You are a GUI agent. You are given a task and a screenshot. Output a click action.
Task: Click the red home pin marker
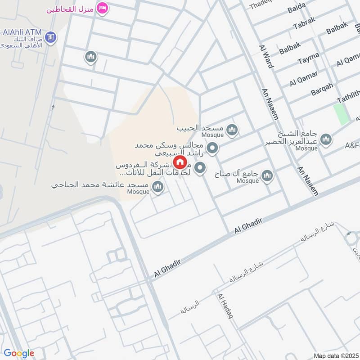coord(180,162)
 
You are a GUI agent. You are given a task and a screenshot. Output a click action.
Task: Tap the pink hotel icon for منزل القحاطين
coord(103,9)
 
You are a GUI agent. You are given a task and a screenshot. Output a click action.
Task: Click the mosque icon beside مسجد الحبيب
coord(232,130)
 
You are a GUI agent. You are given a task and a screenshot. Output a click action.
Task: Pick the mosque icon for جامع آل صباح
coord(267,175)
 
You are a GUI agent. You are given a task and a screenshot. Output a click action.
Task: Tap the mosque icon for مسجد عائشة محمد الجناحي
coord(157,186)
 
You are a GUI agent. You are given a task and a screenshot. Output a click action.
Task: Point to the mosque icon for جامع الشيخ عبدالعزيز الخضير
coord(326,139)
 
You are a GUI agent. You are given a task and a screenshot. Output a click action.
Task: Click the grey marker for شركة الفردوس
coord(200,169)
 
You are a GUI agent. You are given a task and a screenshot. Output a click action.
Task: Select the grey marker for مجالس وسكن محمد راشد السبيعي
coord(212,148)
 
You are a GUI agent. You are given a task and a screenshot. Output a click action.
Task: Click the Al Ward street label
coord(266,56)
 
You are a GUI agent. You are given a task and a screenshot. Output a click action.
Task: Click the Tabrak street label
coord(305,25)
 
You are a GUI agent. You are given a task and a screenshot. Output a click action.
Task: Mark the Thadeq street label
coord(261,4)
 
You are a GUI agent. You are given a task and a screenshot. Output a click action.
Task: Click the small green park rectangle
coord(342,114)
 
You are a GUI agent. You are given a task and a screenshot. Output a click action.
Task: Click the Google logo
coord(19,353)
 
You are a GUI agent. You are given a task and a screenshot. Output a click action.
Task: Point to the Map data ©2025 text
coord(335,355)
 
